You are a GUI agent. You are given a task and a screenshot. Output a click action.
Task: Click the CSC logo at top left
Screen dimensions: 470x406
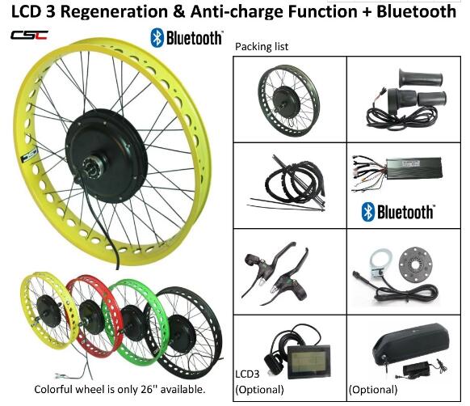[29, 35]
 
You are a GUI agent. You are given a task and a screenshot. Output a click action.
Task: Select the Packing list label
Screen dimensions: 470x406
[262, 47]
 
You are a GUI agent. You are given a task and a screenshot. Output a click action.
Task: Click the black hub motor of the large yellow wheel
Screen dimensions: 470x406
[107, 155]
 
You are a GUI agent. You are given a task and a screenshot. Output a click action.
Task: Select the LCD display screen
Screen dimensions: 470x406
[308, 362]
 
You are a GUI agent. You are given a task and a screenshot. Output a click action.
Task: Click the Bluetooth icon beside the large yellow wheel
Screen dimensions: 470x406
[157, 38]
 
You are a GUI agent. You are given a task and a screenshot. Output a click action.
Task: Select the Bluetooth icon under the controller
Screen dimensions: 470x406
[368, 212]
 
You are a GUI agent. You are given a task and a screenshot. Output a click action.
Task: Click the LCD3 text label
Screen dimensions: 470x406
[247, 374]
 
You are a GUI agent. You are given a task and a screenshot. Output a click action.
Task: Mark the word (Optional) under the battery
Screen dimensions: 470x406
[373, 390]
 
